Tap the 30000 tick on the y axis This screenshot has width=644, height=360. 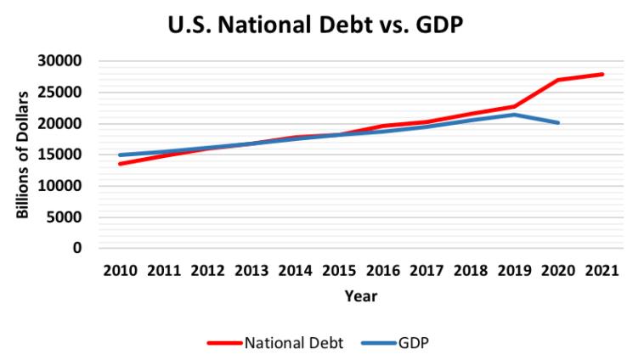point(62,61)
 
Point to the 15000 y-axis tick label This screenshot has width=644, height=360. point(62,155)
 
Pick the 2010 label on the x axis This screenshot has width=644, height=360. point(120,271)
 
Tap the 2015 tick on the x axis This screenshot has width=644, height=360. point(339,271)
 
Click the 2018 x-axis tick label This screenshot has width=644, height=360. point(471,271)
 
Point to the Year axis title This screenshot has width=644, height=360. point(360,296)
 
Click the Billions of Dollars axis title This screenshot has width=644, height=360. point(23,155)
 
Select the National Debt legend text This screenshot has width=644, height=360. point(294,343)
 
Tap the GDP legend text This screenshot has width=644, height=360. point(413,343)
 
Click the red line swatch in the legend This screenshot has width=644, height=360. point(224,343)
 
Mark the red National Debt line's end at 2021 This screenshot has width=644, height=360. point(602,75)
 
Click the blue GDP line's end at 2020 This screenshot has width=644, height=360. point(558,123)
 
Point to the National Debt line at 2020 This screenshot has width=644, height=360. point(558,80)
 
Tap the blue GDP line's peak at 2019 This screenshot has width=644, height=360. point(515,115)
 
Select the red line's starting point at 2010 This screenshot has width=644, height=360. point(120,163)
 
